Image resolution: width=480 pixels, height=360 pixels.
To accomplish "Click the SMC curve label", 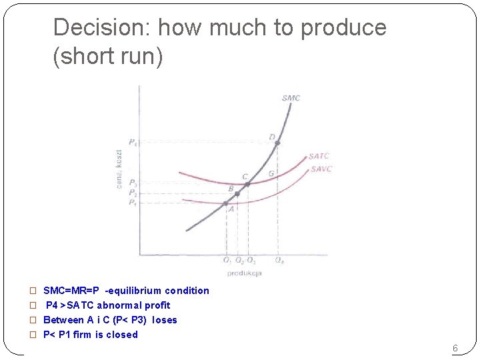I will [291, 98].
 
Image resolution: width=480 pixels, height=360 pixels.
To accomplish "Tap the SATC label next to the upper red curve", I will [319, 157].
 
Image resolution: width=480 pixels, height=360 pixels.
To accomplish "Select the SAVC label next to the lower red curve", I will [321, 169].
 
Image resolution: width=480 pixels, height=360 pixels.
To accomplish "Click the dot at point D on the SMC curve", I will [277, 143].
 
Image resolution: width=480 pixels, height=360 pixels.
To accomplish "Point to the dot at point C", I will [247, 184].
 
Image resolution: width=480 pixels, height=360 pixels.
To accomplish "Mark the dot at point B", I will [237, 194].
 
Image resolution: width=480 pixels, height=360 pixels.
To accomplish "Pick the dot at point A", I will [226, 203].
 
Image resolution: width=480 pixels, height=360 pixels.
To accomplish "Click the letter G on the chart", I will [271, 174].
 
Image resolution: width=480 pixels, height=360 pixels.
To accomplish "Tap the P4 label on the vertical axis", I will [133, 142].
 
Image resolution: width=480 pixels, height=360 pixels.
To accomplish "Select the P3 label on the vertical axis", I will [133, 183].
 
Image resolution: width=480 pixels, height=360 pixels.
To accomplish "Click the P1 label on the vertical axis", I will [133, 202].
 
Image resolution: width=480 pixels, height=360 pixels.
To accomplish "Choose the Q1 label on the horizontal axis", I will [227, 260].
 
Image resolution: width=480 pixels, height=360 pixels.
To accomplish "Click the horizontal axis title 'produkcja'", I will [244, 273].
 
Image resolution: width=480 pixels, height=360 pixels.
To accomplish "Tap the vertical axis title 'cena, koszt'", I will [119, 167].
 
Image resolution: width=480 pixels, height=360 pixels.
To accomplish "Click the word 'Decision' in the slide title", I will [101, 28].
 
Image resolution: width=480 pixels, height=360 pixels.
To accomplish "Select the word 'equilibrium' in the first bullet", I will [135, 291].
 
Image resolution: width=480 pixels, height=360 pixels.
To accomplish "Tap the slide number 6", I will [455, 348].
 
